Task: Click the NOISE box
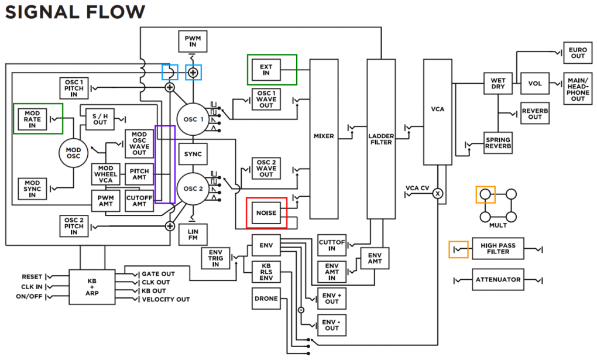click(x=266, y=212)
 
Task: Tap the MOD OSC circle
click(x=74, y=153)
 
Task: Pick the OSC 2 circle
click(x=192, y=188)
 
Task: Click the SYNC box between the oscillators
click(x=192, y=154)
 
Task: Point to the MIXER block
click(x=324, y=137)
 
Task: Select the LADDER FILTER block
click(x=382, y=139)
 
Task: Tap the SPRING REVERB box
click(x=497, y=143)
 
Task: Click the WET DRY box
click(x=497, y=83)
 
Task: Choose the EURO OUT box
click(x=578, y=53)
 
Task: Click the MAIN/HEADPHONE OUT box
click(x=578, y=88)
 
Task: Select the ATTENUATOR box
click(x=497, y=280)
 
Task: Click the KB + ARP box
click(x=92, y=286)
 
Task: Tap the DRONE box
click(x=266, y=299)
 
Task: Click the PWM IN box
click(x=192, y=40)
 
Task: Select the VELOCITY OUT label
click(x=166, y=300)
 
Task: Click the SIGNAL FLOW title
click(x=76, y=12)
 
